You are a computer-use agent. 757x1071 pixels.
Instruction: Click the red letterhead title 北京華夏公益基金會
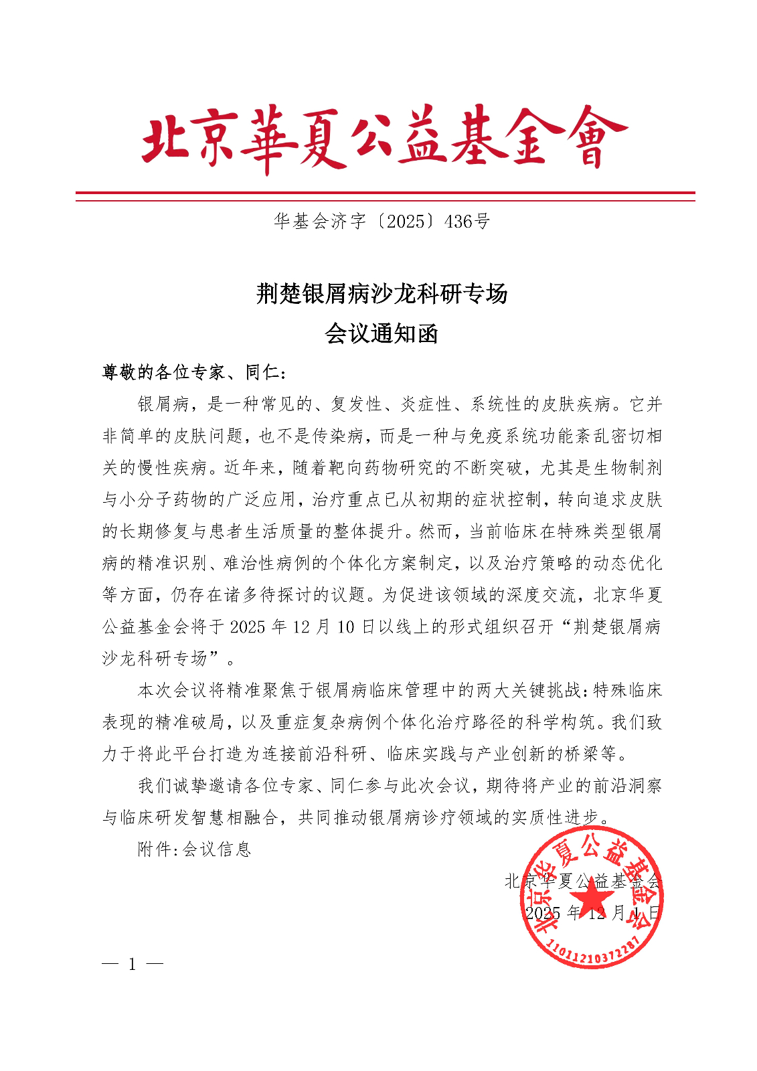click(x=384, y=140)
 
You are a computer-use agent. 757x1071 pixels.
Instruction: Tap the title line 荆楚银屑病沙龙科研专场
click(x=382, y=293)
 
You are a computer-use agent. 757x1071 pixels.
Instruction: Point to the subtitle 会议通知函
click(x=382, y=333)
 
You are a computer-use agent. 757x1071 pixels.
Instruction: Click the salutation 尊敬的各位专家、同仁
click(x=194, y=372)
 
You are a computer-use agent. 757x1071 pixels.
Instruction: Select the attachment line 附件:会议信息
click(x=194, y=849)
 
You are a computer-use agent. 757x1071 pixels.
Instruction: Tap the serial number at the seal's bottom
click(x=593, y=950)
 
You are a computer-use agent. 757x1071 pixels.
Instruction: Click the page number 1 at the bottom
click(x=133, y=964)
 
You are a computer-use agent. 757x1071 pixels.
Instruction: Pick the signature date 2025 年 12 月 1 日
click(x=592, y=912)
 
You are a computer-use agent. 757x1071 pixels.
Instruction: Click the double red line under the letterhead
click(x=385, y=196)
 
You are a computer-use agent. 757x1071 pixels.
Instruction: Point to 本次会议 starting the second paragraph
click(x=172, y=689)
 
